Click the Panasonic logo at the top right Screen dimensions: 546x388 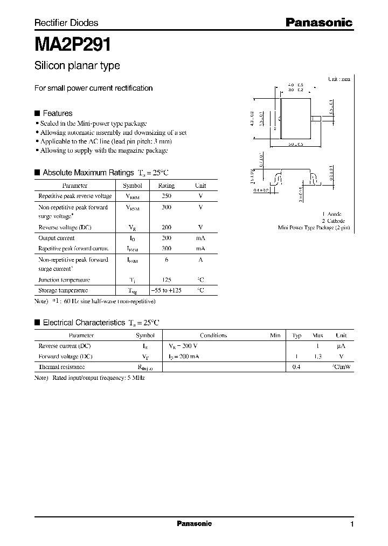(x=318, y=23)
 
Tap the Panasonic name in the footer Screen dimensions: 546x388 (x=194, y=524)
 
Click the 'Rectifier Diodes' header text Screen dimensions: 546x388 (x=66, y=23)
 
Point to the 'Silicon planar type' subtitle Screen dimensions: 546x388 (x=77, y=66)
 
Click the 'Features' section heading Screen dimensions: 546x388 (x=57, y=113)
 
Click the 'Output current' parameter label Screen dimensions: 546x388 (x=57, y=238)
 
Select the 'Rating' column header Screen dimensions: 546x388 (x=166, y=186)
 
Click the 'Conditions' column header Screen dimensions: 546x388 (x=213, y=336)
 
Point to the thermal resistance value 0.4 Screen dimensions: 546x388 (x=296, y=367)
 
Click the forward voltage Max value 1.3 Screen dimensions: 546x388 (x=318, y=357)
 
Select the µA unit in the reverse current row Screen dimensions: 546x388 (x=341, y=346)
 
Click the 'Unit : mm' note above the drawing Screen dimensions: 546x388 (x=339, y=79)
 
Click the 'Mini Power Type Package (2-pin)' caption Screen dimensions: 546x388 (x=314, y=228)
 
